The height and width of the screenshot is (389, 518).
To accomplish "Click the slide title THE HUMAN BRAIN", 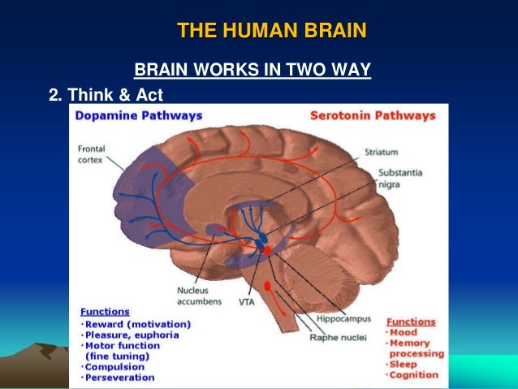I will (x=271, y=32).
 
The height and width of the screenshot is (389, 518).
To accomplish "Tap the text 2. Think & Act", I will (x=106, y=95).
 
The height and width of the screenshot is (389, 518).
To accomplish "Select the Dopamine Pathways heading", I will (x=138, y=115).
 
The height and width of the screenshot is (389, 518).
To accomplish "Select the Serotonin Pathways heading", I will (x=373, y=115).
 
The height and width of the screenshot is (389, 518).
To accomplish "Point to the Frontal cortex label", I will (x=93, y=153).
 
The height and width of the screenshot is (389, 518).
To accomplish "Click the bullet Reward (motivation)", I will (x=138, y=324).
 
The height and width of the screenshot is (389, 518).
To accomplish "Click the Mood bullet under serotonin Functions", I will (x=404, y=332).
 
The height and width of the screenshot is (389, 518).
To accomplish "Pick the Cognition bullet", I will (x=416, y=376).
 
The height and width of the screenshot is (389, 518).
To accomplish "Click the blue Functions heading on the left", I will (x=105, y=311).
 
